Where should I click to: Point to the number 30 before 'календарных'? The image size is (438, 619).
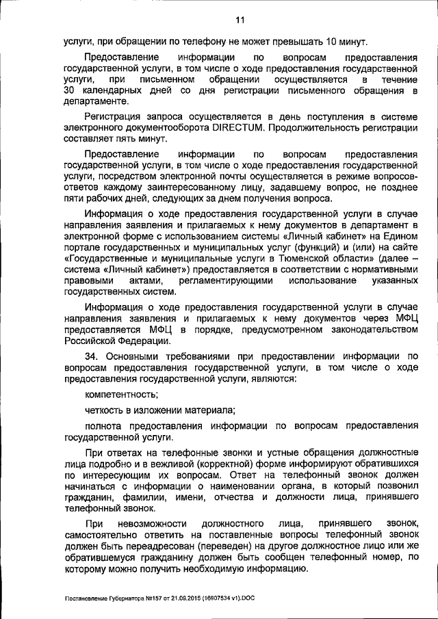(x=70, y=91)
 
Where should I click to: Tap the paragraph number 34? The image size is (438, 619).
(x=93, y=355)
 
